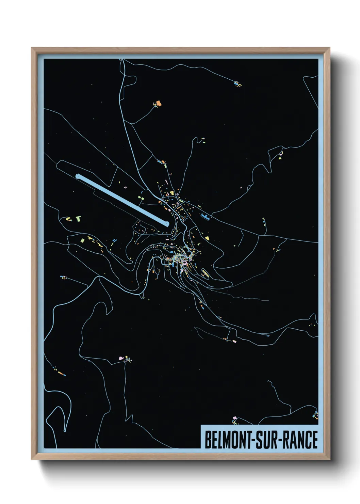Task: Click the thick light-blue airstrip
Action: point(122,200)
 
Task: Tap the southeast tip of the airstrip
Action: point(167,224)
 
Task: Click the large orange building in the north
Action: point(158,103)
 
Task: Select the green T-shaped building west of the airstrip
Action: point(79,218)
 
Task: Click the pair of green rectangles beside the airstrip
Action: point(141,197)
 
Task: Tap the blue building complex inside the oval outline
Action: point(205,217)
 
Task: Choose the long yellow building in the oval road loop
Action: point(204,273)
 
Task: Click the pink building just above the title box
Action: point(234,418)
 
